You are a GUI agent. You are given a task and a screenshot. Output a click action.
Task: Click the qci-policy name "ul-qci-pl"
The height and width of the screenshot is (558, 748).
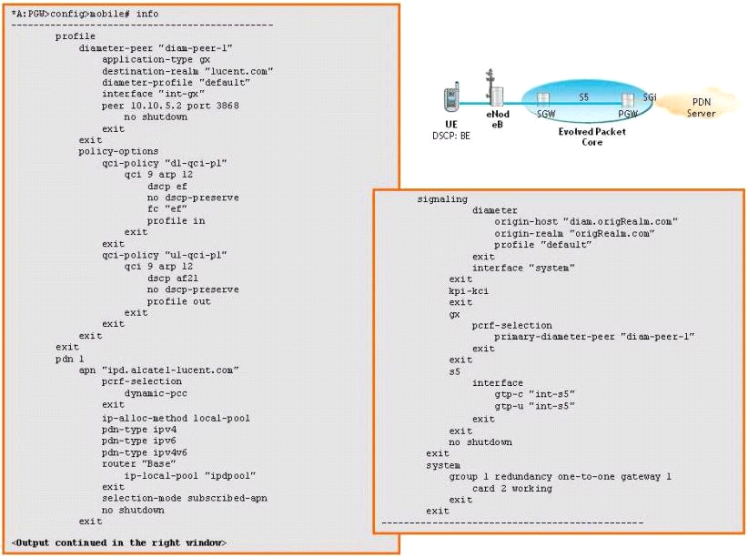coord(198,255)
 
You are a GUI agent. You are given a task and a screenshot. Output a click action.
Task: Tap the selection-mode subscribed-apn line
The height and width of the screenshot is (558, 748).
coord(184,498)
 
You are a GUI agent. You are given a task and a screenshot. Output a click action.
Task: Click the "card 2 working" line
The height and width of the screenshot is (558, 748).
coord(511,488)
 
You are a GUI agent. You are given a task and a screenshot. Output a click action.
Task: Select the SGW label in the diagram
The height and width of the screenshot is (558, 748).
coord(546,114)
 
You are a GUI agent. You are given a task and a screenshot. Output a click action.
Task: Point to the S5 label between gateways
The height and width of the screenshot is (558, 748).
coord(584,96)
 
